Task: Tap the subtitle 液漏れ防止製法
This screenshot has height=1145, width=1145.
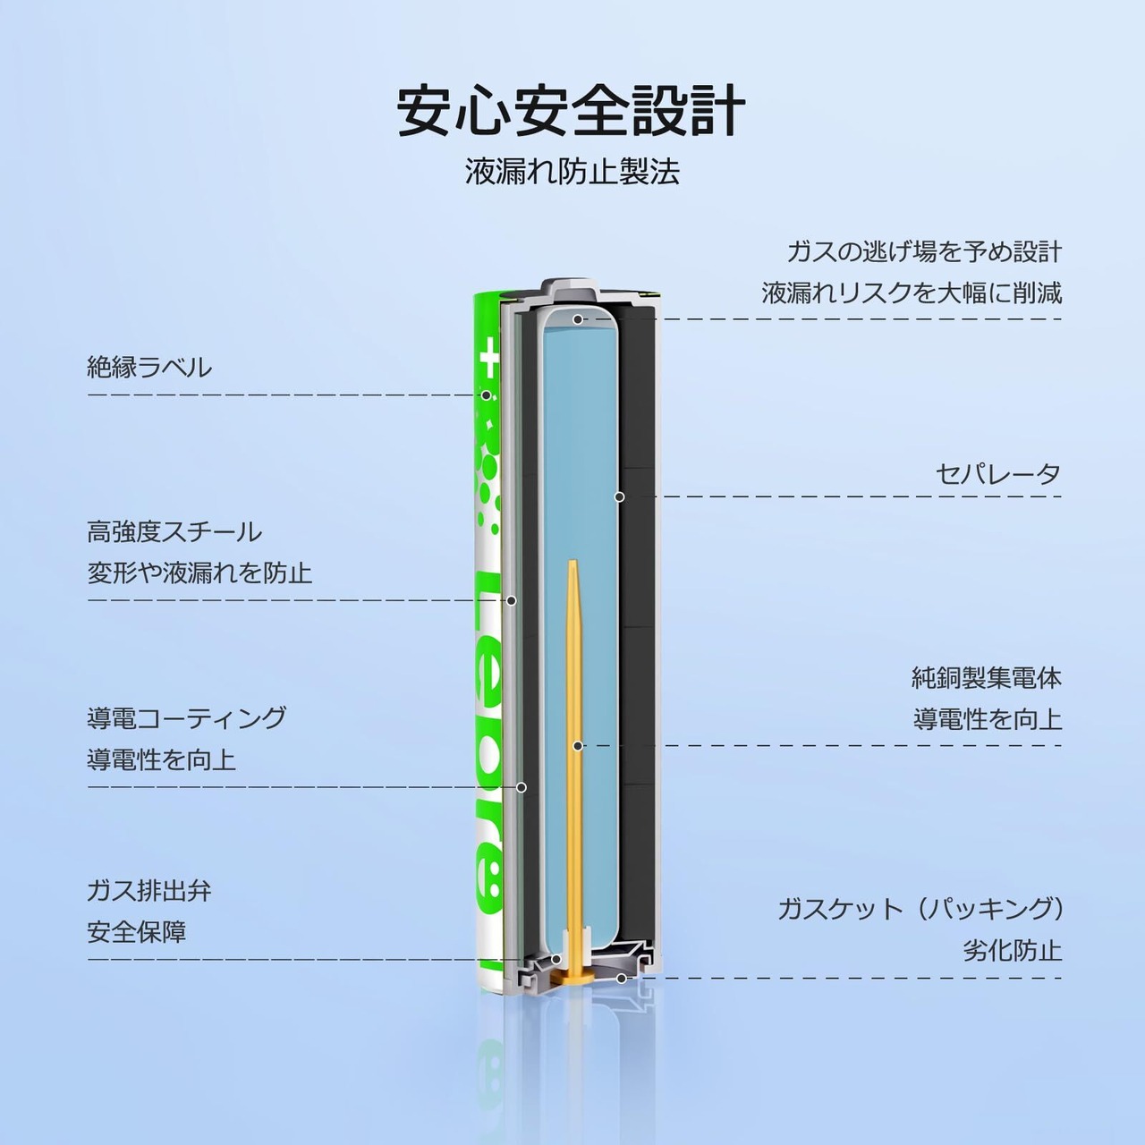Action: point(572,172)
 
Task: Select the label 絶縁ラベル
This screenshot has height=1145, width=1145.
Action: point(149,367)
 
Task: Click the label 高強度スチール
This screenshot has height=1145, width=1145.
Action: point(174,531)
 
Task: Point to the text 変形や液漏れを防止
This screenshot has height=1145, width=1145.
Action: point(199,572)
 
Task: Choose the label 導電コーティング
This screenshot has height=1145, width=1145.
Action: point(187,718)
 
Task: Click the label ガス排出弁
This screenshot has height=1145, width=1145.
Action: point(149,891)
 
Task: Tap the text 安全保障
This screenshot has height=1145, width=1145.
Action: point(137,932)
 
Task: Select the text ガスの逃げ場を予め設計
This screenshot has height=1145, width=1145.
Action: point(924,251)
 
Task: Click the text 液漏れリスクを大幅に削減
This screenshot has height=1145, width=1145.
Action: point(912,293)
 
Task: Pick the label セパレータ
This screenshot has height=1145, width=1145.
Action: point(998,474)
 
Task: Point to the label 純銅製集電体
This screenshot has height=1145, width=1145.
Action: point(987,678)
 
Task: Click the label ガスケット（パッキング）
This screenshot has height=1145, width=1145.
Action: point(920,910)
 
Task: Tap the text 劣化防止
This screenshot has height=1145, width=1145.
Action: point(1012,950)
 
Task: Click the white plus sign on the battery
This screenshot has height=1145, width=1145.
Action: point(488,360)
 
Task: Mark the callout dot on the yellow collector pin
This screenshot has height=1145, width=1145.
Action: point(578,745)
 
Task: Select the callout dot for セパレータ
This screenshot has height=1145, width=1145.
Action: point(618,496)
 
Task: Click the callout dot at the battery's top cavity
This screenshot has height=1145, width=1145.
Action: point(578,318)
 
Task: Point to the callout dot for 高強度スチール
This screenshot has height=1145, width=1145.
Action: point(511,600)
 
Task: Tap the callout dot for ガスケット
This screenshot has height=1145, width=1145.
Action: point(621,978)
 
